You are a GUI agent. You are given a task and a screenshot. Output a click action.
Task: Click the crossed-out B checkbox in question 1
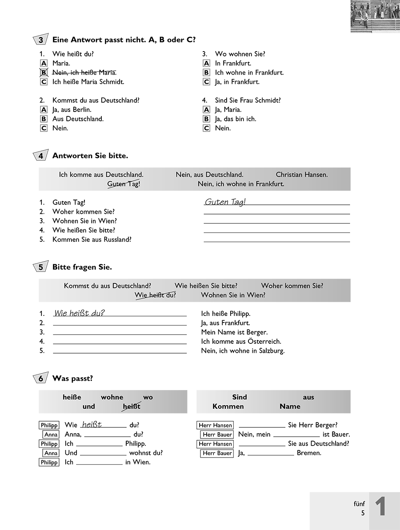[x=44, y=72]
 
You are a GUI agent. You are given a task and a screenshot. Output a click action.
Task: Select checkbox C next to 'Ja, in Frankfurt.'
[x=206, y=82]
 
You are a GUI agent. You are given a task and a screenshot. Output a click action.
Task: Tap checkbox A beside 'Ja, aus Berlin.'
[x=44, y=110]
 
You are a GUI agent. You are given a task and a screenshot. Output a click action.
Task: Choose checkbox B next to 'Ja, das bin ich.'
[x=206, y=119]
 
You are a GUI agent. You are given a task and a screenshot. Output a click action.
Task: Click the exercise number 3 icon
[x=40, y=40]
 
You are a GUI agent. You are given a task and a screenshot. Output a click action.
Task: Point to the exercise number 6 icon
[x=40, y=379]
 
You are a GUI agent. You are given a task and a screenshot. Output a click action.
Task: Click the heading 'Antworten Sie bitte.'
[x=90, y=156]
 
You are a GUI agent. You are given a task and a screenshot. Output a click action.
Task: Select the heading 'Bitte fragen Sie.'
[x=82, y=267]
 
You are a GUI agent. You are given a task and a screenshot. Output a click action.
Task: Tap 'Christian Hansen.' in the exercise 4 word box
[x=301, y=175]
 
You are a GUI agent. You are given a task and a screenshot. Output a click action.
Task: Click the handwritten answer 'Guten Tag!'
[x=225, y=202]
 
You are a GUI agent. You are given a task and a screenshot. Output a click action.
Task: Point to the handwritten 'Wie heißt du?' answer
[x=79, y=313]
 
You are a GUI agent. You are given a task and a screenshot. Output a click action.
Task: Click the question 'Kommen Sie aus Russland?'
[x=92, y=239]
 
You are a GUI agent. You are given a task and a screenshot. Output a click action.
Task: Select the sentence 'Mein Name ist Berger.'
[x=234, y=332]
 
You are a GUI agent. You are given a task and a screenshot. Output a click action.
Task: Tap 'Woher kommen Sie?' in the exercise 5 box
[x=292, y=286]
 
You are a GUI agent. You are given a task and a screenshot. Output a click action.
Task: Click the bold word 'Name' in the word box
[x=290, y=406]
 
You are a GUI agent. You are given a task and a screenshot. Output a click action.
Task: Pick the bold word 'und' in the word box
[x=89, y=406]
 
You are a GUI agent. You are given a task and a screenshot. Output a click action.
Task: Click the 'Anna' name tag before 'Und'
[x=51, y=453]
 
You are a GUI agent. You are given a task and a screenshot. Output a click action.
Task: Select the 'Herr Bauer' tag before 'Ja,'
[x=217, y=453]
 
